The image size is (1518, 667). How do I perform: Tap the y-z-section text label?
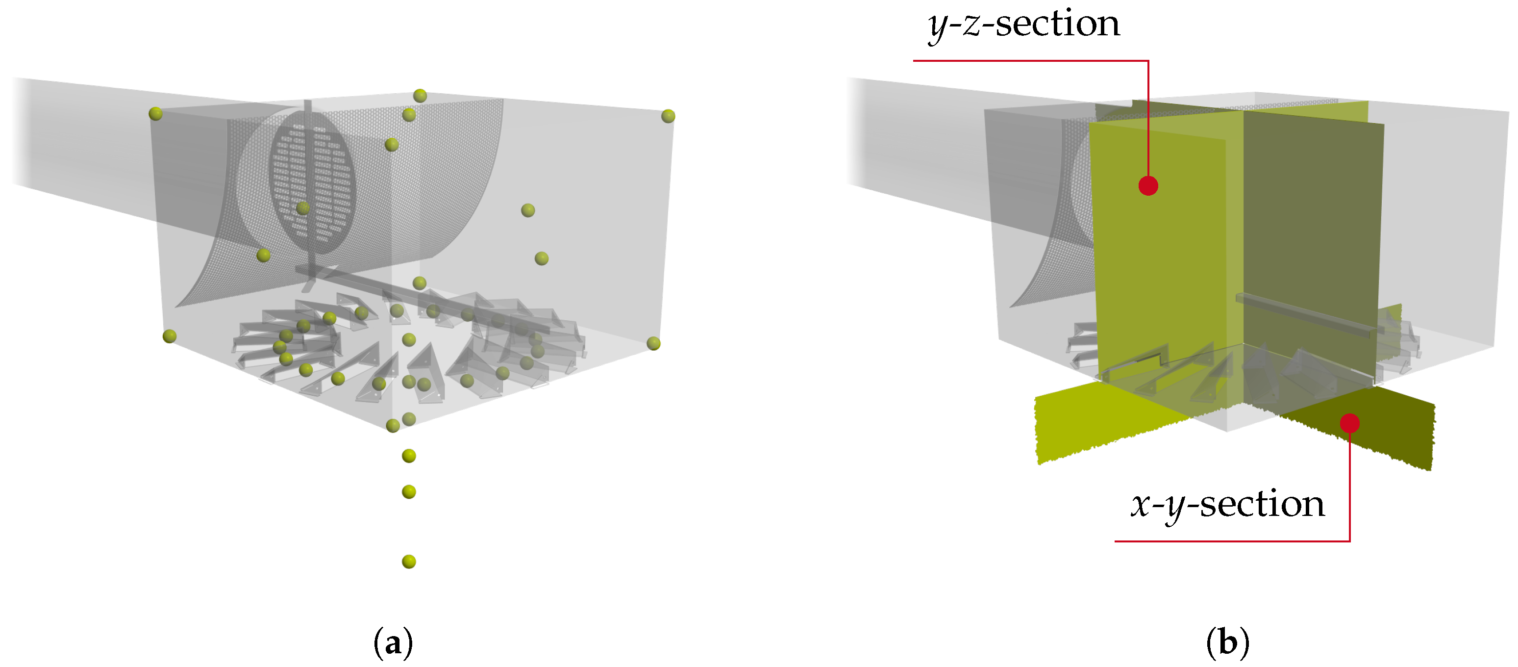tap(1023, 25)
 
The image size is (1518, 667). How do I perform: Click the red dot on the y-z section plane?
tap(1148, 186)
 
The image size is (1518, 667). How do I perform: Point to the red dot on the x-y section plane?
tap(1349, 423)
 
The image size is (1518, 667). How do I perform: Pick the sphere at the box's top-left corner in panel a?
tap(155, 114)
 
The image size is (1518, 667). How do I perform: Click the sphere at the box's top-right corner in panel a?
tap(668, 116)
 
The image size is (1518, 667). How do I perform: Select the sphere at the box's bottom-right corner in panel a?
tap(653, 343)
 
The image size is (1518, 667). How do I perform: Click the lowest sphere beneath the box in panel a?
tap(409, 562)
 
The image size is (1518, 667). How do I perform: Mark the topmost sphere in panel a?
tap(420, 96)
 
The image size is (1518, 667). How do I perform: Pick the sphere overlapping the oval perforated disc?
tap(303, 207)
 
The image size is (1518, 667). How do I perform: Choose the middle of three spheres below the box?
tap(409, 492)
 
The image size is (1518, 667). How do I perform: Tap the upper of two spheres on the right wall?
tap(528, 210)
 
